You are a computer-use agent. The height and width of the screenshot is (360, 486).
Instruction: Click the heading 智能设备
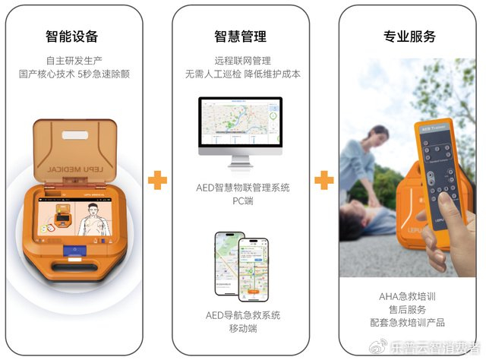[x=71, y=36]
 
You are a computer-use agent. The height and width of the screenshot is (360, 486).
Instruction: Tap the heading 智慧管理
[x=240, y=36]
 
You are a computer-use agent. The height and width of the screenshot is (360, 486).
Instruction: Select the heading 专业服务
[x=409, y=36]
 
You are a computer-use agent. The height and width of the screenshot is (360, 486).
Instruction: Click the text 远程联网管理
[x=240, y=60]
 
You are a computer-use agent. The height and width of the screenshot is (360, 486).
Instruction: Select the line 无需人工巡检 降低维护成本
[x=240, y=74]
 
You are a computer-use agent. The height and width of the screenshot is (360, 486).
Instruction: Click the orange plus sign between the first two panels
[x=157, y=180]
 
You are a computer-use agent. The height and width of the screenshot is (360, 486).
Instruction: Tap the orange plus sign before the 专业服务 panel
[x=324, y=180]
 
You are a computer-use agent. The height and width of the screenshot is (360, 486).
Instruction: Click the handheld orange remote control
[x=436, y=182]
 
